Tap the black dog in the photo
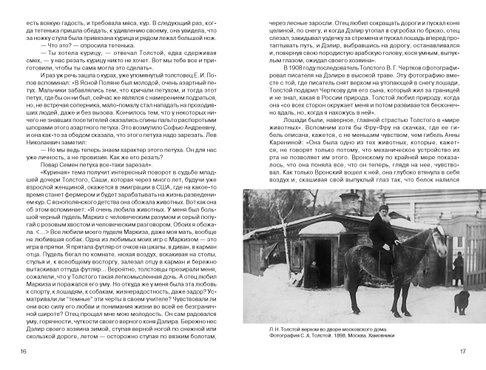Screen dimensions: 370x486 (x=442, y=300)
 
